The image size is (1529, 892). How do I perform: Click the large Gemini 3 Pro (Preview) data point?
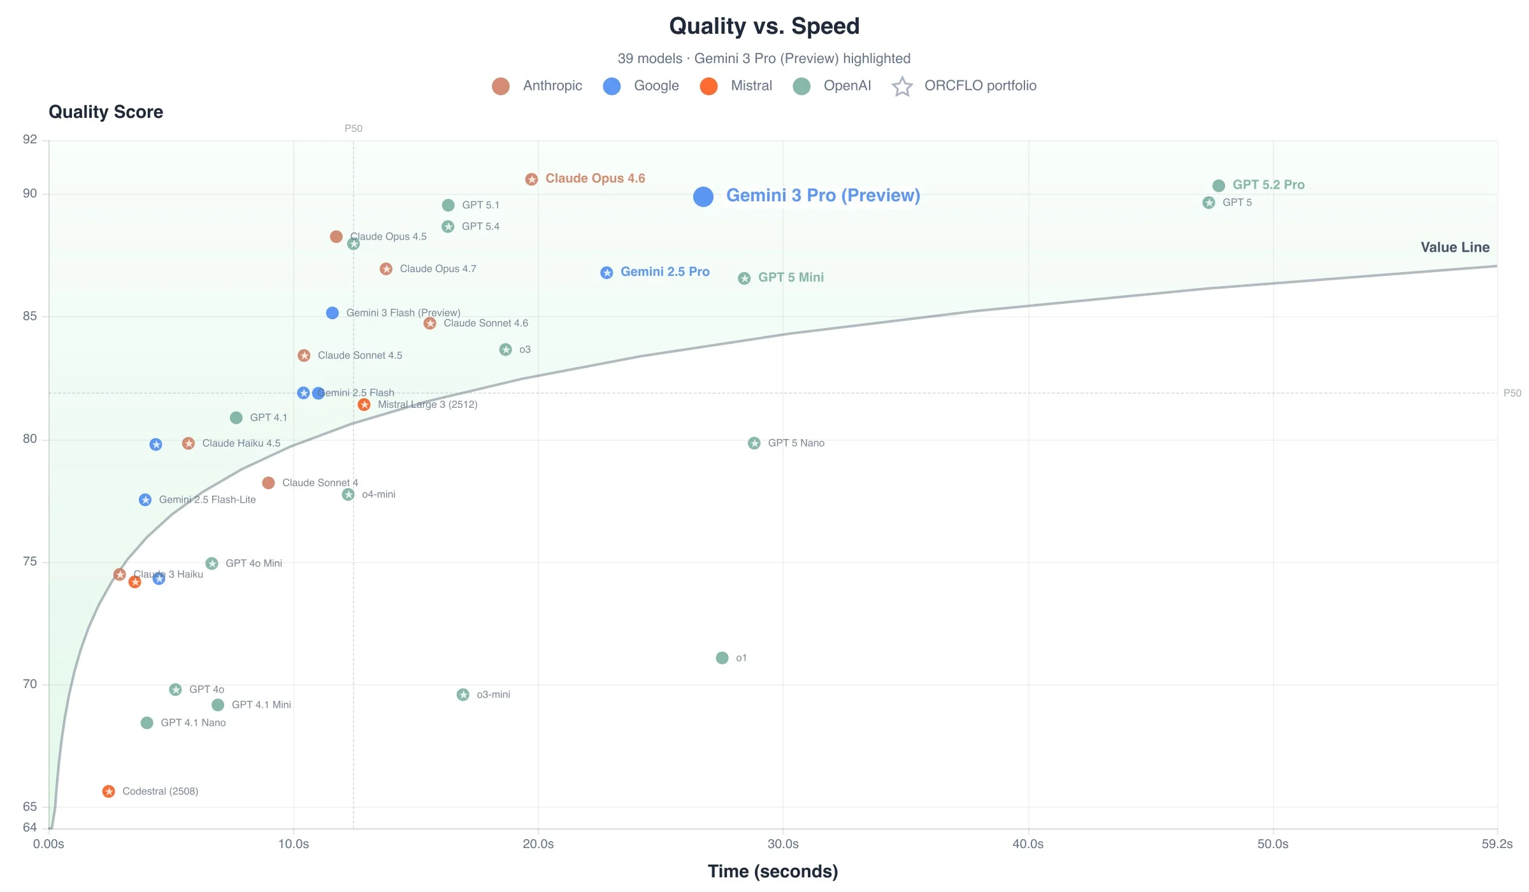coord(703,196)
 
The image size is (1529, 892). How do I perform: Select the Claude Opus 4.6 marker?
coord(531,179)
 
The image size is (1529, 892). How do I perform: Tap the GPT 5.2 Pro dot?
coord(1218,185)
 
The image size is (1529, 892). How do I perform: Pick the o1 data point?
coord(722,658)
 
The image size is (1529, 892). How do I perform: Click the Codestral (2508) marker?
coord(109,791)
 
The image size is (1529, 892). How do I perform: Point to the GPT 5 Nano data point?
coord(754,443)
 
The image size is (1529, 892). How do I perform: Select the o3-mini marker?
coord(463,694)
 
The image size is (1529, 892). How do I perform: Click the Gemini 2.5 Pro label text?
coord(664,272)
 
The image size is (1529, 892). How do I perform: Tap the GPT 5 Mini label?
coord(791,277)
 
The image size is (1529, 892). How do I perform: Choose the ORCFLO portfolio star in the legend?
coord(902,86)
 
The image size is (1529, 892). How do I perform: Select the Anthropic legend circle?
coord(501,86)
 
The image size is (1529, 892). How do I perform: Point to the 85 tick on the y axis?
coord(30,316)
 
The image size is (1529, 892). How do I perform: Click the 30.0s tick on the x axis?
coord(783,844)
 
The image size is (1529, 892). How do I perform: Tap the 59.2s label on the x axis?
coord(1497,844)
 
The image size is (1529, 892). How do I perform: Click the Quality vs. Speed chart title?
coord(764,26)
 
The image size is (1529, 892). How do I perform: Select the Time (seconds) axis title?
coord(773,871)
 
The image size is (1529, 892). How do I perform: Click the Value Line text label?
coord(1454,247)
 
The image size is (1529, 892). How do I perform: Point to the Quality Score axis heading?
coord(106,112)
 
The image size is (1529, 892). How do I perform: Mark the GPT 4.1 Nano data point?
coord(147,723)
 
